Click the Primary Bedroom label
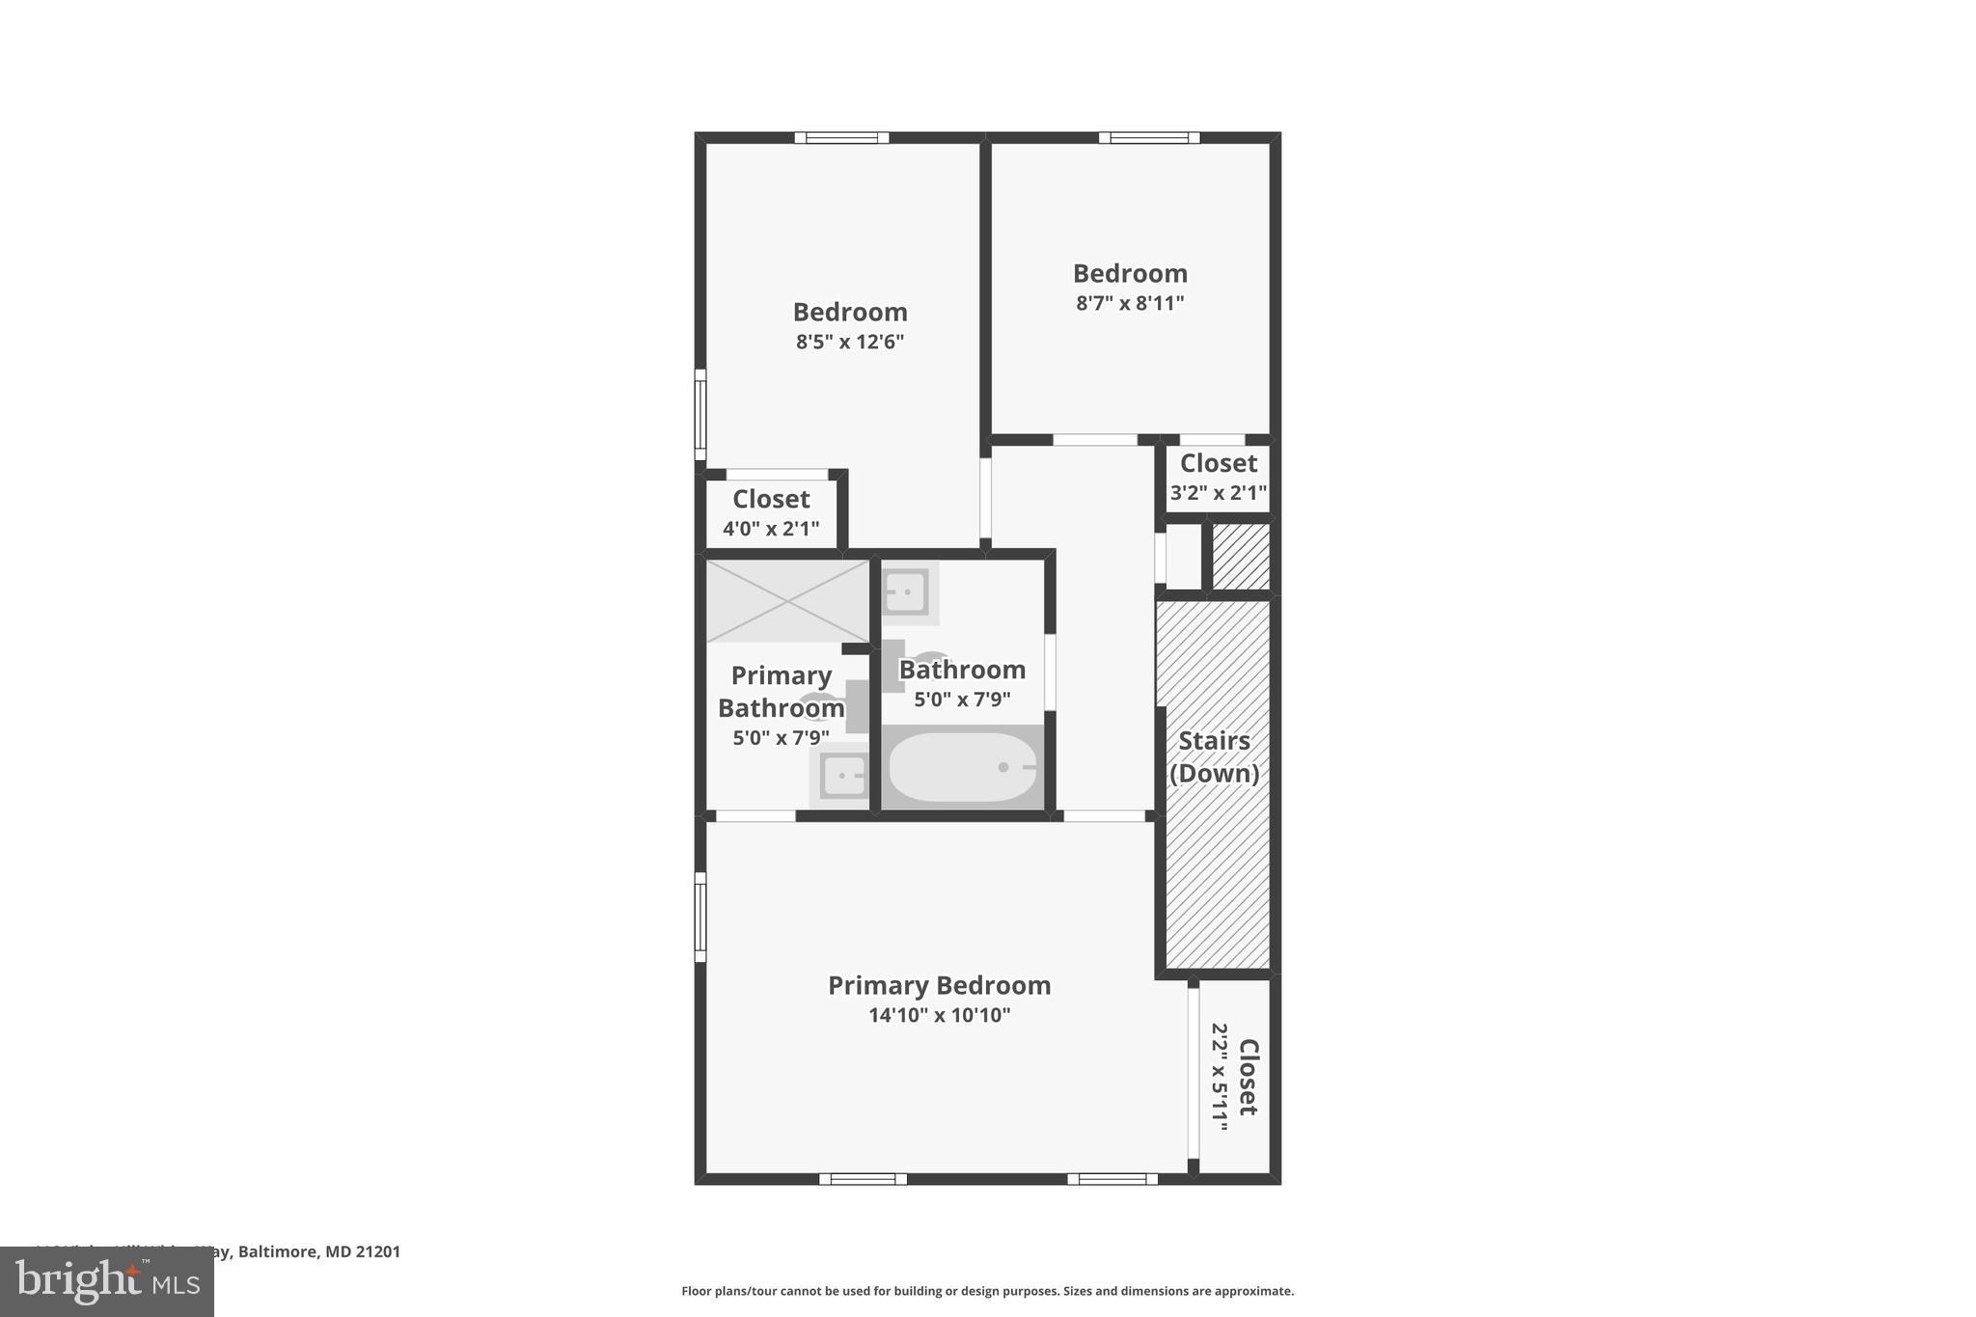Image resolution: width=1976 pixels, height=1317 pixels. pyautogui.click(x=939, y=985)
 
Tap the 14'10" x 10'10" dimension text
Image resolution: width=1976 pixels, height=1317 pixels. pyautogui.click(x=939, y=1015)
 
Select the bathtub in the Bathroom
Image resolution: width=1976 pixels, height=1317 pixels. pyautogui.click(x=961, y=767)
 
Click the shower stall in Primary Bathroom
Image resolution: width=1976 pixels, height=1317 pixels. pyautogui.click(x=787, y=600)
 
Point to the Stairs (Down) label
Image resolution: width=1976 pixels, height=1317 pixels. pyautogui.click(x=1214, y=756)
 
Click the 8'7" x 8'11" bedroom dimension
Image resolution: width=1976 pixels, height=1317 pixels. pyautogui.click(x=1130, y=303)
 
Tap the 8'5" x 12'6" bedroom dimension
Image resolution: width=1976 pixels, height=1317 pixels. pyautogui.click(x=849, y=342)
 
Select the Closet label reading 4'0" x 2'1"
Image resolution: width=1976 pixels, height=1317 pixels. pyautogui.click(x=771, y=499)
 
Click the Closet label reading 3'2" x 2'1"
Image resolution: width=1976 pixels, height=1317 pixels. pyautogui.click(x=1218, y=463)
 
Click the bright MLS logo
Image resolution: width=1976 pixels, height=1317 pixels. pyautogui.click(x=107, y=1281)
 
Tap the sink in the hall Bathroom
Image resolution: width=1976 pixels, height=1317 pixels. pyautogui.click(x=907, y=591)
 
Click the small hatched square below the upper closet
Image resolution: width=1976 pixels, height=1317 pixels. pyautogui.click(x=1240, y=557)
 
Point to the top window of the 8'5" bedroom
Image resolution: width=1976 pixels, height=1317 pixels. pyautogui.click(x=841, y=138)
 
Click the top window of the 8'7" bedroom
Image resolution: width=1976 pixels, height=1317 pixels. pyautogui.click(x=1148, y=138)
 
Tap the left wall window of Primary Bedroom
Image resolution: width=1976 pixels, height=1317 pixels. pyautogui.click(x=700, y=917)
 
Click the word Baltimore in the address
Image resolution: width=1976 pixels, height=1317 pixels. pyautogui.click(x=279, y=1251)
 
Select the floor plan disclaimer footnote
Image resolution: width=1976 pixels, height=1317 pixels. pyautogui.click(x=987, y=1291)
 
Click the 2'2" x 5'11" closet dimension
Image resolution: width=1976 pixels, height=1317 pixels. pyautogui.click(x=1220, y=1077)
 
